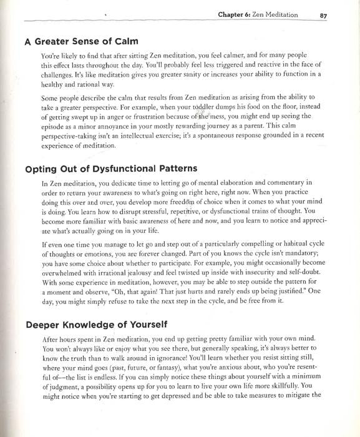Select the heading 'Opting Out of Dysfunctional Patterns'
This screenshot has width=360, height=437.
click(110, 169)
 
